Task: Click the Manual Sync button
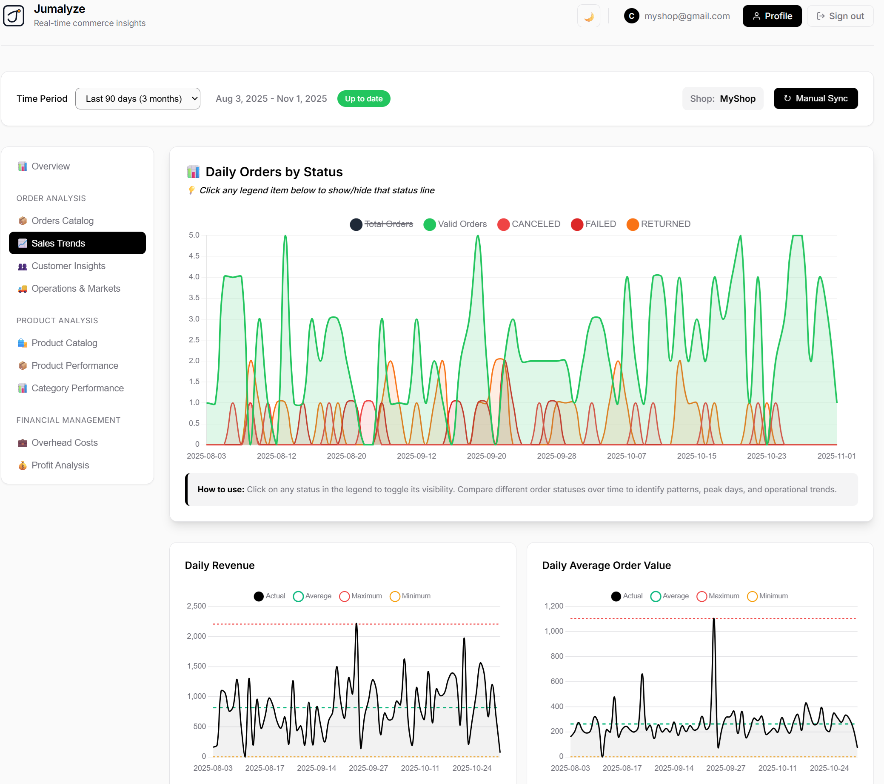click(x=815, y=98)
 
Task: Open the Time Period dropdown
click(x=137, y=99)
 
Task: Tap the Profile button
click(x=772, y=16)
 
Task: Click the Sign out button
click(x=839, y=16)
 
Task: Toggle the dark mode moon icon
click(x=588, y=17)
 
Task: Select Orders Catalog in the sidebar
click(x=62, y=221)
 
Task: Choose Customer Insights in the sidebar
click(x=68, y=266)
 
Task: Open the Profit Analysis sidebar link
click(x=60, y=465)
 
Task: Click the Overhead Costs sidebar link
click(x=64, y=442)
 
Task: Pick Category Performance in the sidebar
click(x=77, y=388)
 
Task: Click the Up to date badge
click(x=363, y=99)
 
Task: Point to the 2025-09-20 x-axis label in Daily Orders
click(x=486, y=456)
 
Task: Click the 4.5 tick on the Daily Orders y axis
click(x=194, y=256)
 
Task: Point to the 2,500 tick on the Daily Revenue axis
click(x=196, y=606)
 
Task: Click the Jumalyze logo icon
click(x=14, y=16)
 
